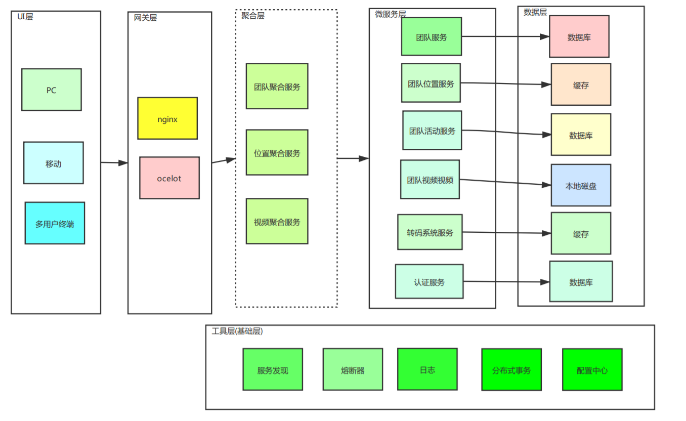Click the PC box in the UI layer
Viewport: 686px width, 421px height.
pos(52,90)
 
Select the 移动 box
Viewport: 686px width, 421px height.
pos(54,163)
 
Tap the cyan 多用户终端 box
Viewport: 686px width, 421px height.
pos(55,223)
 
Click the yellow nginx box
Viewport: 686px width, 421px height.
pos(167,118)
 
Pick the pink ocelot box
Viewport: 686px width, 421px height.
pos(169,178)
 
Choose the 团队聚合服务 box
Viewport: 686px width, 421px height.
pos(277,86)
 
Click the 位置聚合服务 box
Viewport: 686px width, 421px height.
pos(277,152)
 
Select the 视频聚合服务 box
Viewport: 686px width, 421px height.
pos(277,221)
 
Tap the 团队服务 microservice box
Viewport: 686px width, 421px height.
pos(432,36)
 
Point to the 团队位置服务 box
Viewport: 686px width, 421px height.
pos(431,83)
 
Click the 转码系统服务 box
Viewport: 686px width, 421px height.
pos(430,232)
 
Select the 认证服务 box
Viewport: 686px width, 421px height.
pos(429,281)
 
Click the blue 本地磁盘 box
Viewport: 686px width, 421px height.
pos(581,185)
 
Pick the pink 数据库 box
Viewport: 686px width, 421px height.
pos(579,36)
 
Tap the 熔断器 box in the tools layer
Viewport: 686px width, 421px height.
pos(353,369)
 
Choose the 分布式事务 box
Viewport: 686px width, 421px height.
pos(511,369)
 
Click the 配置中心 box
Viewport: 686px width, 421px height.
pos(592,369)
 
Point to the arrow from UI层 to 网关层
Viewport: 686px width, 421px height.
pos(114,163)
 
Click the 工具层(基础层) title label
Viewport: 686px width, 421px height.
pos(237,331)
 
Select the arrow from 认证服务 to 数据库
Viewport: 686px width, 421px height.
pos(506,282)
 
